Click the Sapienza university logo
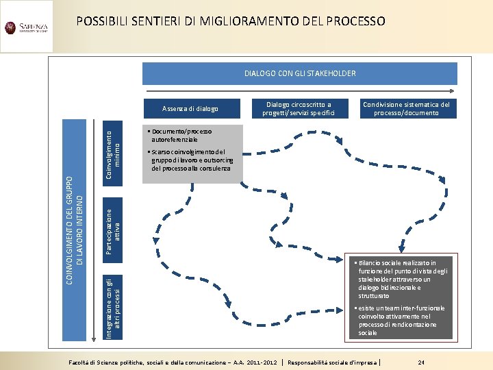click(26, 28)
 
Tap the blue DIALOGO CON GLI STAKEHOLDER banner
click(300, 73)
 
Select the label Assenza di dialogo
click(190, 108)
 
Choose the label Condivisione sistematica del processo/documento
click(406, 108)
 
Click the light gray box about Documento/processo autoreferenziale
click(192, 154)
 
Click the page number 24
click(422, 361)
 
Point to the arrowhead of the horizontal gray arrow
click(453, 90)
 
